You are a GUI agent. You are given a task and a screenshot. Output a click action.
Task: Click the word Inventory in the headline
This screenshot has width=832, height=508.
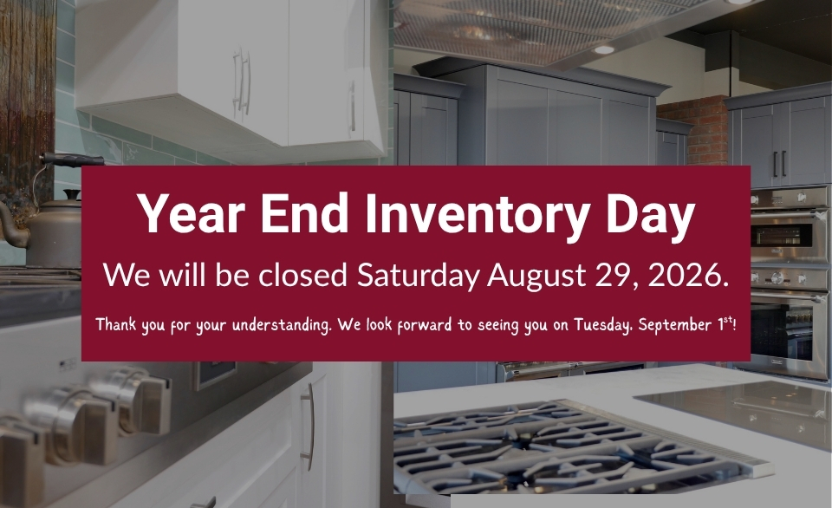coord(478,214)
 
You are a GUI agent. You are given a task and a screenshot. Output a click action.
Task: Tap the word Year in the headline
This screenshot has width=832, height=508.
coord(191,212)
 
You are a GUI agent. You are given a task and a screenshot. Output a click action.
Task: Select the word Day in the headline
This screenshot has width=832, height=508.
coord(651,214)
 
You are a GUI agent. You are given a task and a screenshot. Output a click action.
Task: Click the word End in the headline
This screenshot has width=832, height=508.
coord(304,212)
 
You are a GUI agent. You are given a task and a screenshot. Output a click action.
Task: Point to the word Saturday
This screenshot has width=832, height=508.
coord(418,276)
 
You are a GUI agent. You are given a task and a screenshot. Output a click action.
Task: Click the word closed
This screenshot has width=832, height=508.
coord(302,275)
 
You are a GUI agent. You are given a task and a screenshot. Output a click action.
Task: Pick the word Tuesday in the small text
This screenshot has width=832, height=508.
coord(603,324)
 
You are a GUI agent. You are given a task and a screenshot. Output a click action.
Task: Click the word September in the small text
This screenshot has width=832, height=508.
coord(675,324)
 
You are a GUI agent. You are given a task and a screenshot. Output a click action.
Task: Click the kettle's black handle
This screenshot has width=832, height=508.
coord(73,160)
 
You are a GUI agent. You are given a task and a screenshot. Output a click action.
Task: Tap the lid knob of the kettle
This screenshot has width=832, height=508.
coord(71,195)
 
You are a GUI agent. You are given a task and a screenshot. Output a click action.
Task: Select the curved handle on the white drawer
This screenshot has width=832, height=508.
coord(309,427)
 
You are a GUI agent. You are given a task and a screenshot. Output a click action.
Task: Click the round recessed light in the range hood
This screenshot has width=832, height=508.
coord(603,50)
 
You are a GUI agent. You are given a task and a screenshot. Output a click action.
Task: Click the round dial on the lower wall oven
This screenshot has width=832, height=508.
coord(777,277)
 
